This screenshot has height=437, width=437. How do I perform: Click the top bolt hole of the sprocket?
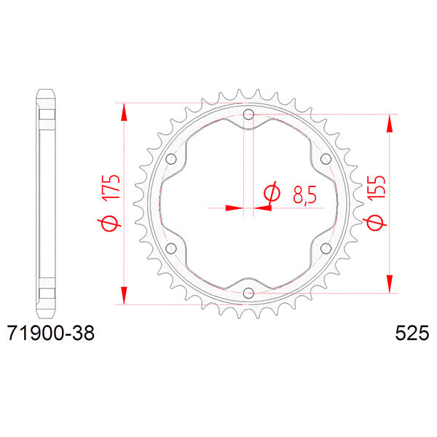(x=248, y=114)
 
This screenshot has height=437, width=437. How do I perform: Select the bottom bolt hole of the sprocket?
(x=248, y=293)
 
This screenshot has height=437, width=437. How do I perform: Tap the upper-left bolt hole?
(x=172, y=159)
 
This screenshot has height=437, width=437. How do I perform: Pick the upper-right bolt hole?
(x=326, y=159)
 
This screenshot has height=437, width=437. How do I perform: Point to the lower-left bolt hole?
(x=172, y=248)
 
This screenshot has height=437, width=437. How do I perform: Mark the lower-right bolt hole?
(x=326, y=248)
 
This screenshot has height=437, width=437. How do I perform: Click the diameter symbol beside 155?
(x=375, y=224)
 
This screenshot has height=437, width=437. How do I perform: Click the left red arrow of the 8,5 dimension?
(x=233, y=208)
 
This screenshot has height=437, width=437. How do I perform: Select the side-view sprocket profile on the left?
(x=45, y=203)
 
